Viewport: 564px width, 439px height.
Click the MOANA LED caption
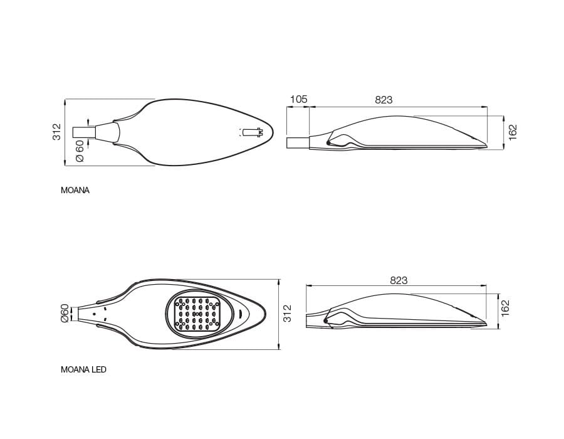[83, 369]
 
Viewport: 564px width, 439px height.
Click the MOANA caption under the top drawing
[75, 191]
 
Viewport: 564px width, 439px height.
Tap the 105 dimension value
[298, 99]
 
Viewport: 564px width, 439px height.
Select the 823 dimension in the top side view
[384, 100]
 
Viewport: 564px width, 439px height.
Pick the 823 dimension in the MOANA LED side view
[399, 280]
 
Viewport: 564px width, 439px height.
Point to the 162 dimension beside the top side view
[513, 132]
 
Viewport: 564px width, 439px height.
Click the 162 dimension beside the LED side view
[505, 308]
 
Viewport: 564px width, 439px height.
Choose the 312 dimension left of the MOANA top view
[56, 132]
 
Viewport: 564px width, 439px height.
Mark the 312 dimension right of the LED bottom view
[288, 314]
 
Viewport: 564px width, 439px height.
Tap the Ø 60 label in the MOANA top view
[80, 151]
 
